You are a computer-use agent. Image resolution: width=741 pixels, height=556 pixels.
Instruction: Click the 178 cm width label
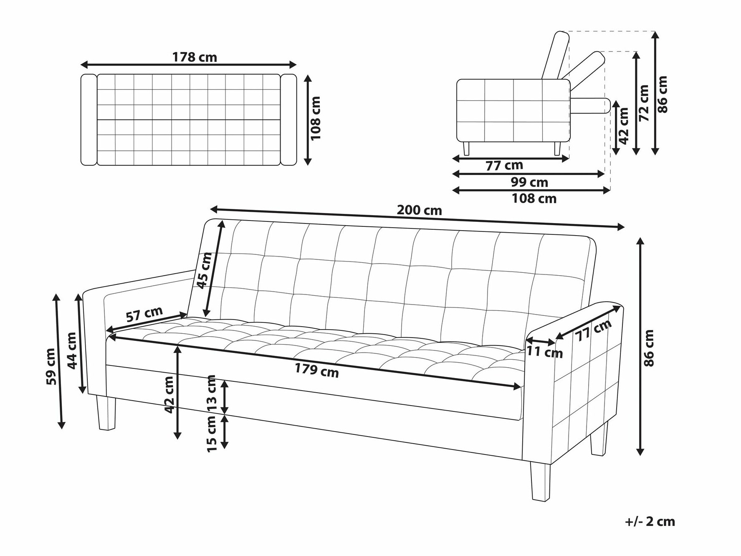195,57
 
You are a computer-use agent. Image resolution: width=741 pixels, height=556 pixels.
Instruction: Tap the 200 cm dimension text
419,210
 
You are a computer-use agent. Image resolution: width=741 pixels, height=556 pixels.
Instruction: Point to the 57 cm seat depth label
144,314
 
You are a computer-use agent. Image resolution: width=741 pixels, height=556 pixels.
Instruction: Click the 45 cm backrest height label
204,271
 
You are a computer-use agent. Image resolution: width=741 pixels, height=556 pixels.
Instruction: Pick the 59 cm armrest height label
50,366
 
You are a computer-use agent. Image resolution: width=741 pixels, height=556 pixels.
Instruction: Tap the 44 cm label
72,350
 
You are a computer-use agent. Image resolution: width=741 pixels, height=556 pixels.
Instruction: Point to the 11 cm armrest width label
544,352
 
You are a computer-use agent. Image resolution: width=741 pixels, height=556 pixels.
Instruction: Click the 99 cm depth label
529,182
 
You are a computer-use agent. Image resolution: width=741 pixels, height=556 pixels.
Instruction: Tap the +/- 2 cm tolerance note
650,521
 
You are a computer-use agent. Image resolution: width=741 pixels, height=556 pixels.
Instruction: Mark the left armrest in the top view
89,119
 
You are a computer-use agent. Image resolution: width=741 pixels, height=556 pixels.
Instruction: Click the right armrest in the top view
288,119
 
